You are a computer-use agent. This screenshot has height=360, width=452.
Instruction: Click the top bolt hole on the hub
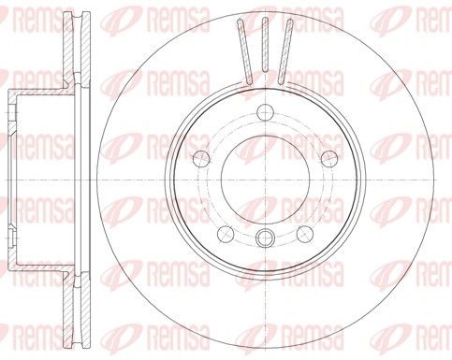(x=265, y=112)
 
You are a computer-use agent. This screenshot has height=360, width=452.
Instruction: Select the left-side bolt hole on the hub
(x=202, y=158)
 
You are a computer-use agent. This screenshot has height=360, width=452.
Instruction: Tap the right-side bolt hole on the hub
(x=329, y=158)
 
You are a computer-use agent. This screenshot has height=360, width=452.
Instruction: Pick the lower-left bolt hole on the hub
(x=226, y=234)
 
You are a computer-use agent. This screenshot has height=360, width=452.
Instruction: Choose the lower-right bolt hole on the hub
(x=305, y=234)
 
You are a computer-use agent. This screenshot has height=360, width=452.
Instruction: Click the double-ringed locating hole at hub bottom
(x=265, y=238)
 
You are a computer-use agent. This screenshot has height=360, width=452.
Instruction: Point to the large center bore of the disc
(x=265, y=180)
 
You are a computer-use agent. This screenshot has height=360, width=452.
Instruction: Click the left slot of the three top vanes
(x=244, y=51)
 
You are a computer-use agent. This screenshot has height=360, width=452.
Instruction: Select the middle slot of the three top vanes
(x=265, y=45)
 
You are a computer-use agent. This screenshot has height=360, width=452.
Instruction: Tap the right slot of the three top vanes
(x=285, y=51)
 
